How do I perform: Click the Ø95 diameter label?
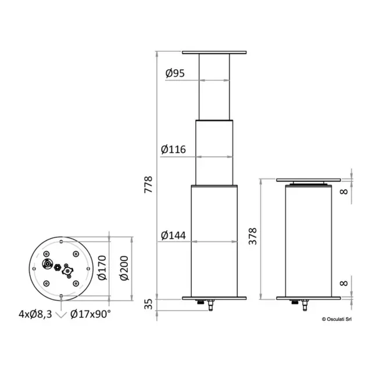[x=174, y=74]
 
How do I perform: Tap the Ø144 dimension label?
[x=172, y=235]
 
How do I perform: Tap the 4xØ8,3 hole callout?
[x=34, y=314]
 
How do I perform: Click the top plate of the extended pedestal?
[x=215, y=52]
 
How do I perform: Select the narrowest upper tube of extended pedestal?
[x=215, y=87]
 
